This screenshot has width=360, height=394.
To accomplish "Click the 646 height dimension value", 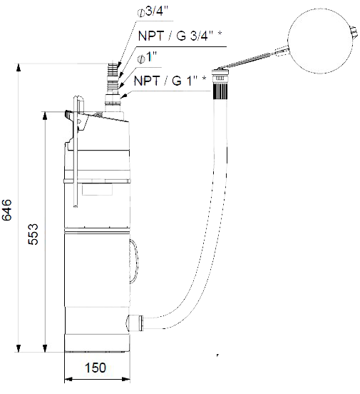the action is pyautogui.click(x=6, y=210).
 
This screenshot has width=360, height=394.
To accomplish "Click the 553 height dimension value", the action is pyautogui.click(x=33, y=234).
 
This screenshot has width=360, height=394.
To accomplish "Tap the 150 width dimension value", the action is pyautogui.click(x=96, y=368).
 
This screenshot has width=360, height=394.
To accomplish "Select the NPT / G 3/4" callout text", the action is pyautogui.click(x=180, y=36).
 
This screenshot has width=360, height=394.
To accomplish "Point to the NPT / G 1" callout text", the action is pyautogui.click(x=170, y=81).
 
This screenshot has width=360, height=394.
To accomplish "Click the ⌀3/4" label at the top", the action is pyautogui.click(x=153, y=11).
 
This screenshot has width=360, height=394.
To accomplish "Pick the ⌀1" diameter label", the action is pyautogui.click(x=147, y=57).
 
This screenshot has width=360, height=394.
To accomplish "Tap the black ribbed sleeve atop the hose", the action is pyautogui.click(x=220, y=91).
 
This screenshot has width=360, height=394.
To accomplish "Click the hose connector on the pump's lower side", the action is pyautogui.click(x=134, y=323).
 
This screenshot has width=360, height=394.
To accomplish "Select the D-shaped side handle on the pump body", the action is pyautogui.click(x=134, y=261).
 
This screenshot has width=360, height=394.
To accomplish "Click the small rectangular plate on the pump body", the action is pyautogui.click(x=97, y=188).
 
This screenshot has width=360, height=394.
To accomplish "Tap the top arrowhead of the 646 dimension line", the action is pyautogui.click(x=18, y=68).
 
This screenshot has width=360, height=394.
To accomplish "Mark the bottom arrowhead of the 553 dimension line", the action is pyautogui.click(x=45, y=348).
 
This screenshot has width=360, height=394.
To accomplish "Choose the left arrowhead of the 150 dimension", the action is pyautogui.click(x=68, y=379).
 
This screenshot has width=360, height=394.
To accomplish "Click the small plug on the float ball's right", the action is pyautogui.click(x=354, y=32).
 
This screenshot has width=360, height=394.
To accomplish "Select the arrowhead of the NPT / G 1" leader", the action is pyautogui.click(x=124, y=96).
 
